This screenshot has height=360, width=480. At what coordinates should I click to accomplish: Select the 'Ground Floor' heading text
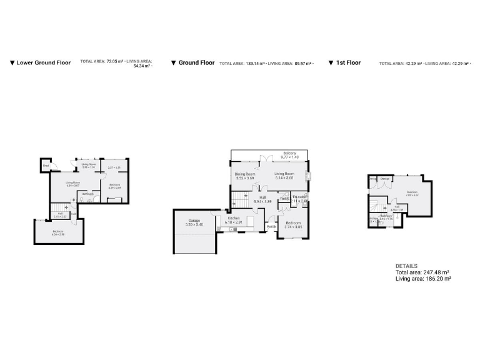pyautogui.click(x=196, y=62)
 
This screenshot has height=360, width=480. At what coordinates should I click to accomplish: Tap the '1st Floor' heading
pyautogui.click(x=348, y=62)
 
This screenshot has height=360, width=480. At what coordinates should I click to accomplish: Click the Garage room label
pyautogui.click(x=194, y=222)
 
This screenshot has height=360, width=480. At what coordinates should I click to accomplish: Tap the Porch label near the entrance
pyautogui.click(x=271, y=226)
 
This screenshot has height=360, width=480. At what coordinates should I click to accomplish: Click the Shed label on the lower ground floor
pyautogui.click(x=46, y=166)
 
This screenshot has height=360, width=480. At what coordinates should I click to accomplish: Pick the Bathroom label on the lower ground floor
pyautogui.click(x=88, y=194)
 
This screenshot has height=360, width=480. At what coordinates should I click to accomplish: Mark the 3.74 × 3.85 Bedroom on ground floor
pyautogui.click(x=293, y=225)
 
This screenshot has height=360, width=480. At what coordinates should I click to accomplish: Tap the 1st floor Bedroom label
pyautogui.click(x=411, y=193)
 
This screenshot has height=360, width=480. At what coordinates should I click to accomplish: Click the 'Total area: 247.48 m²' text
pyautogui.click(x=422, y=272)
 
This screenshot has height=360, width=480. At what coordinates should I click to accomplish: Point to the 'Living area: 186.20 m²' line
pyautogui.click(x=423, y=279)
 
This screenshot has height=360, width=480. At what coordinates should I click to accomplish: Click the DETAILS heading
pyautogui.click(x=406, y=266)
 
